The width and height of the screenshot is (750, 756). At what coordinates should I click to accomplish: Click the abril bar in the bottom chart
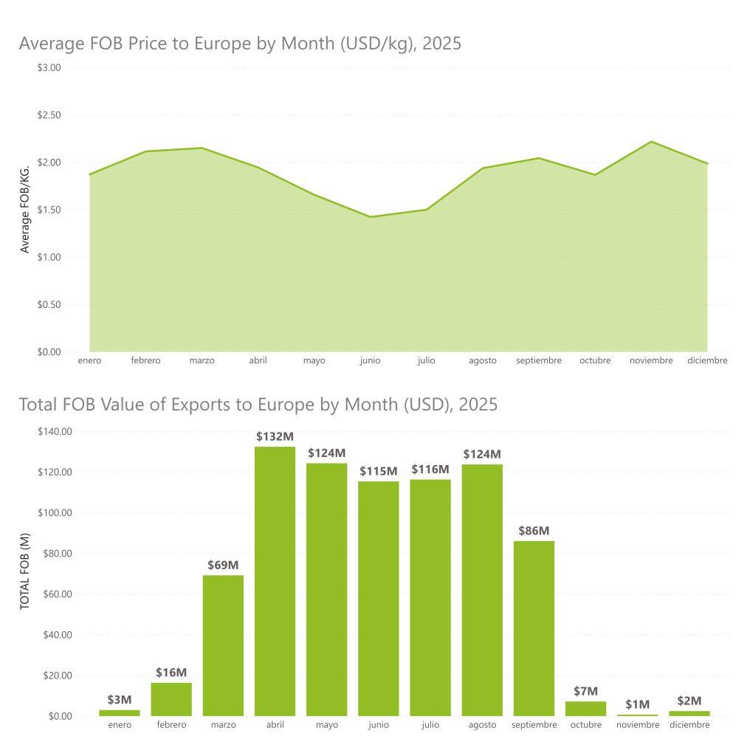275,581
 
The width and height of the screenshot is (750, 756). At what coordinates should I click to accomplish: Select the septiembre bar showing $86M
534,628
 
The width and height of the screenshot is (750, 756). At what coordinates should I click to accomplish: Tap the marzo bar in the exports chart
223,645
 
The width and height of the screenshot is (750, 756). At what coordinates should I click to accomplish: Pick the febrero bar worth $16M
171,699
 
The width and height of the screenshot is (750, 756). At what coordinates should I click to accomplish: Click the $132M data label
275,436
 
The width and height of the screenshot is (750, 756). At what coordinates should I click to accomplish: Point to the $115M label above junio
379,471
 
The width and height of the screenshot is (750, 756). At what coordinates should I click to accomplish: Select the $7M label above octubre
585,691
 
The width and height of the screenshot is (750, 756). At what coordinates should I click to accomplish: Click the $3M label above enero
120,699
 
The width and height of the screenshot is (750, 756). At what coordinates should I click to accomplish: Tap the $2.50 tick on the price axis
49,115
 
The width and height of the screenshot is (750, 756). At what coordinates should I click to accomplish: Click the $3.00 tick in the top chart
49,68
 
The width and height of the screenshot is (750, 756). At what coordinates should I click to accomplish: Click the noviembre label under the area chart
651,361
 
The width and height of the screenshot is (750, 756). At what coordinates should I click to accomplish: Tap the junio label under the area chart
370,361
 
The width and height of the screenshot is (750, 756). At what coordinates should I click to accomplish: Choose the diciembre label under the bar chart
689,725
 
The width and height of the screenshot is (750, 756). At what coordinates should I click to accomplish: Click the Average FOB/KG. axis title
25,210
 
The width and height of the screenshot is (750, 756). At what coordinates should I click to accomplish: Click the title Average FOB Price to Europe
240,44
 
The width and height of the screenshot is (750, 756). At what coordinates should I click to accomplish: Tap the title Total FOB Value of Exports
258,405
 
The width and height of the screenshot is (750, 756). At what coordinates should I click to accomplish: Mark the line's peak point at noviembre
651,142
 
